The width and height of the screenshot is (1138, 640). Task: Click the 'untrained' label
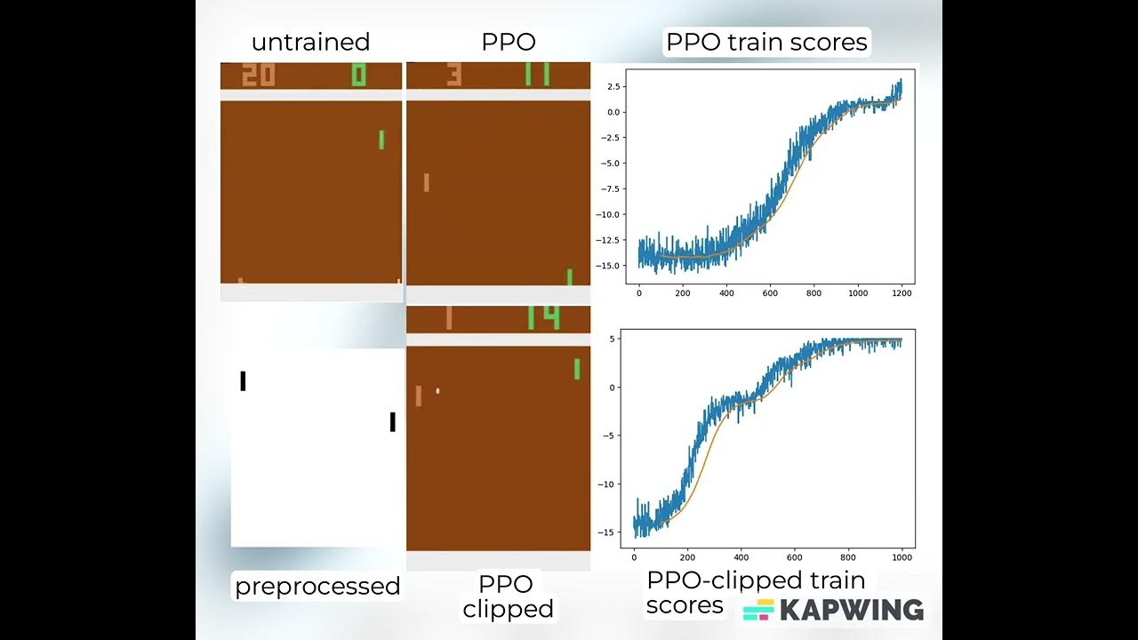310,42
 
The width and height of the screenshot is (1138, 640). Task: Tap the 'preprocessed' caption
317,586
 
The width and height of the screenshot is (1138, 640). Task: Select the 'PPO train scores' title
766,42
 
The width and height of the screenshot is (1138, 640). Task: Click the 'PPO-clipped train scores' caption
755,592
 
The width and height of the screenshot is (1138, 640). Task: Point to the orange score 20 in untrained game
259,75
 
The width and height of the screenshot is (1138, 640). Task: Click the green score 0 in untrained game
358,75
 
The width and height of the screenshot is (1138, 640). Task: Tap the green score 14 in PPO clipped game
543,317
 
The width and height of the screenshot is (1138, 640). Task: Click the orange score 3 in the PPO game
453,75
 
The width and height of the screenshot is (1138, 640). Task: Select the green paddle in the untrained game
381,140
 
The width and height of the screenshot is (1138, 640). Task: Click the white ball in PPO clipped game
437,390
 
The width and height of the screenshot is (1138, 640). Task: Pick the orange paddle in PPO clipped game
418,396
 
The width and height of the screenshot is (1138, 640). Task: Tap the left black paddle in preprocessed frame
243,380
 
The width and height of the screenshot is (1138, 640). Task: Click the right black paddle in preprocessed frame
392,422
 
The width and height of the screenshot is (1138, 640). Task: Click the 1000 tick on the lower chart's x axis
902,557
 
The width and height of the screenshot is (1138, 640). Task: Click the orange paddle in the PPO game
427,182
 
